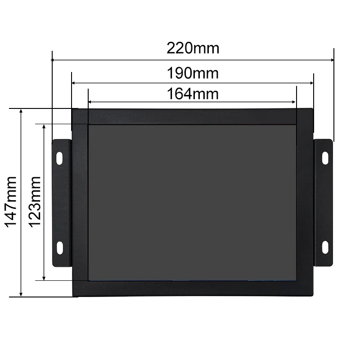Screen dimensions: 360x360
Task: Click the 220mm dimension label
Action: pos(193,48)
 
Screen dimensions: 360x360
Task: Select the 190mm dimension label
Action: pos(193,72)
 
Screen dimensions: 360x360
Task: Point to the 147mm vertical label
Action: pos(10,202)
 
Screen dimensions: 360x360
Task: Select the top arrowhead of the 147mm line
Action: pos(21,111)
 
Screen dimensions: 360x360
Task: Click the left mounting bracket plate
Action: pos(62,202)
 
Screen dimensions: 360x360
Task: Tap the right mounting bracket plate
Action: pos(324,202)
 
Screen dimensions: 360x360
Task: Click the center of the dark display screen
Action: pos(192,202)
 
